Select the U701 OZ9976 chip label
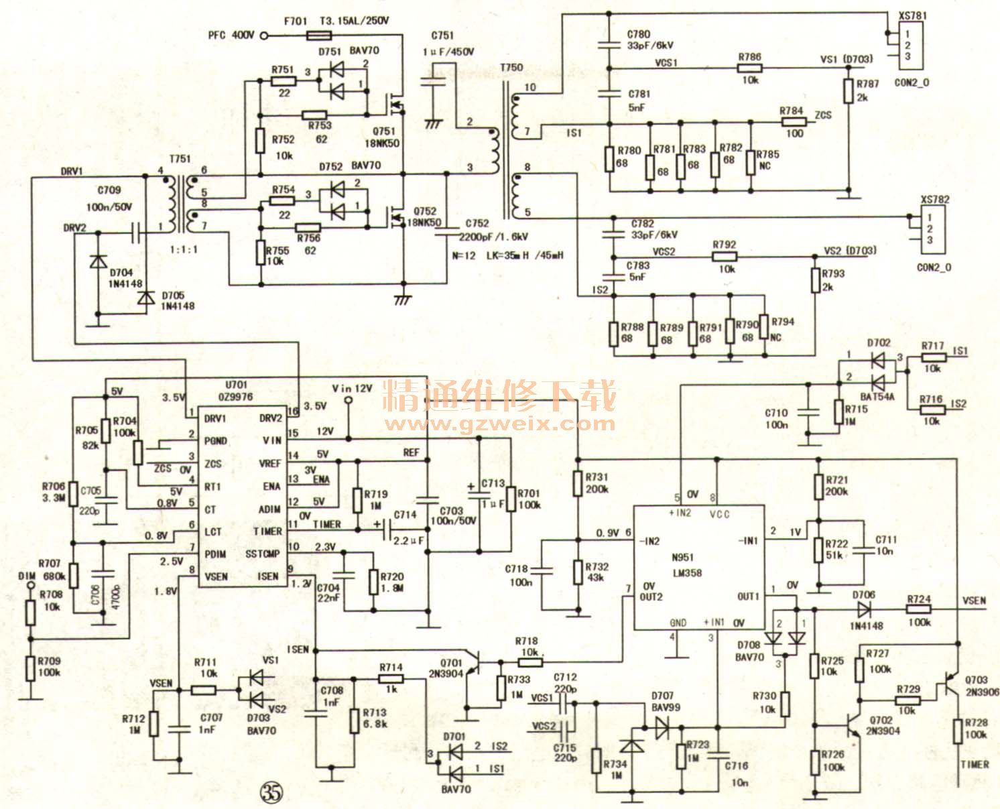pos(239,391)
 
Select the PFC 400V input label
pos(231,35)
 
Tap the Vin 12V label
pos(352,389)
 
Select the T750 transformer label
pos(511,68)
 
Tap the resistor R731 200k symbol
pos(577,483)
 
